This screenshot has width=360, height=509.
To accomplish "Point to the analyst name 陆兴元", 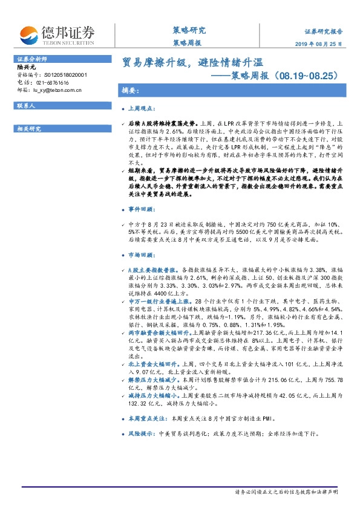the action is [x=26, y=68].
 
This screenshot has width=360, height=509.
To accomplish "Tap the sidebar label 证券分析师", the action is [x=31, y=59].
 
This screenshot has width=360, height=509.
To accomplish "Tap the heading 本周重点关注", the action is [x=149, y=417].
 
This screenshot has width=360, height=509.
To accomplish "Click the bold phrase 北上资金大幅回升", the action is [x=151, y=365].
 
